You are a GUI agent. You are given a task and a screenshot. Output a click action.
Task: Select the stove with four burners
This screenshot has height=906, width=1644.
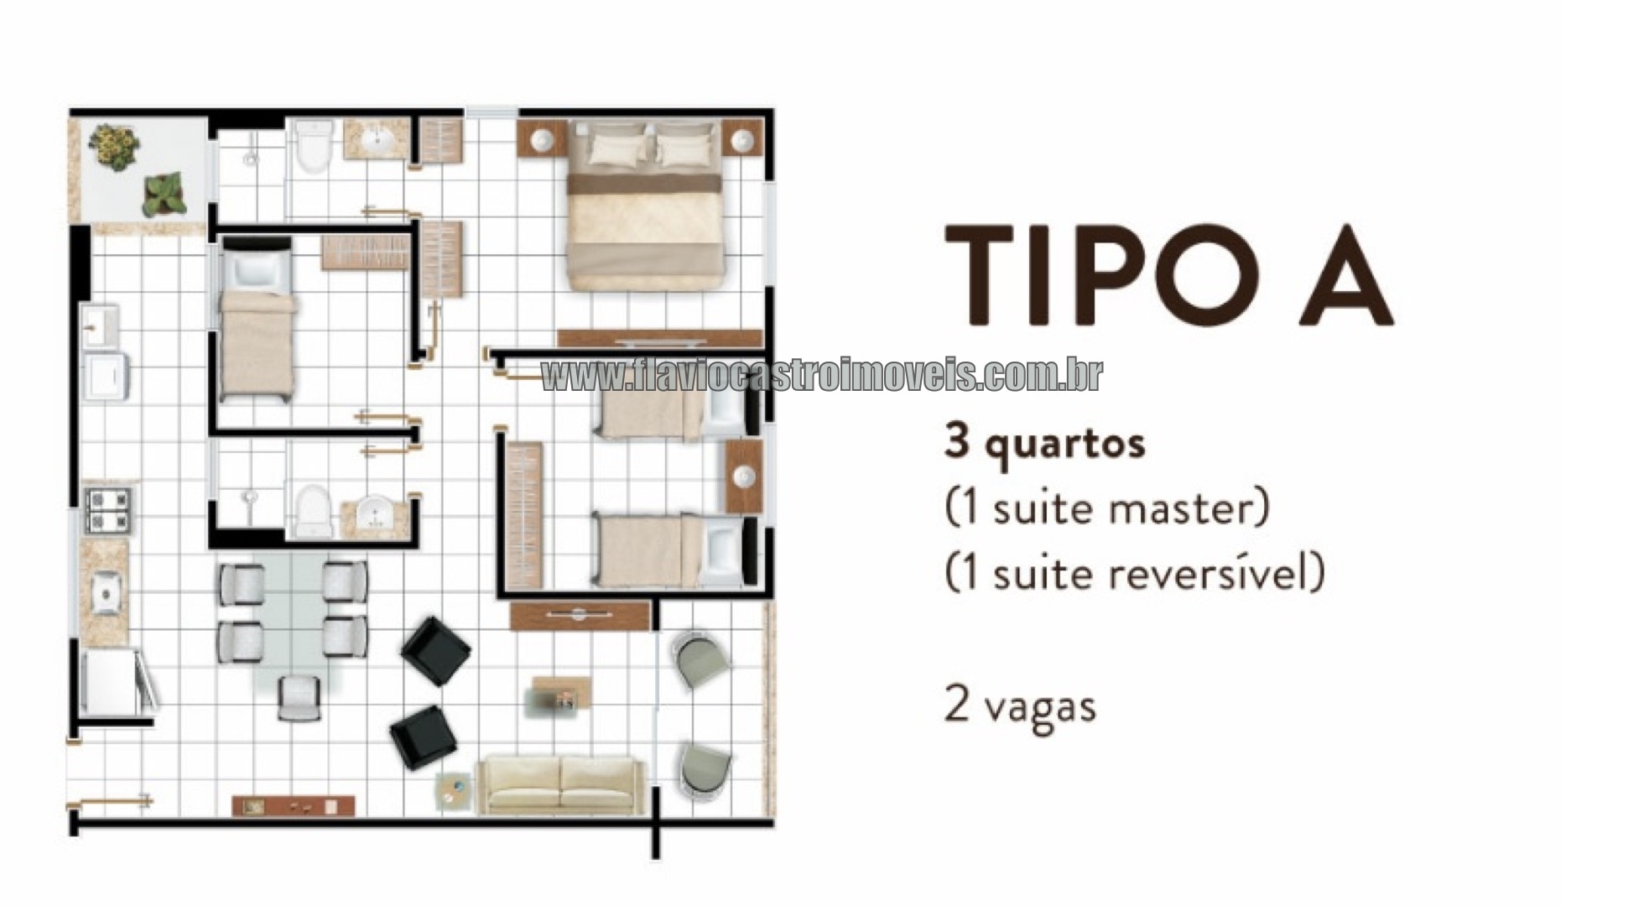108,510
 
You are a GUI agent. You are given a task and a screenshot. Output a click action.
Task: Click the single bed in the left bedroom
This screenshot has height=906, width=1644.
258,321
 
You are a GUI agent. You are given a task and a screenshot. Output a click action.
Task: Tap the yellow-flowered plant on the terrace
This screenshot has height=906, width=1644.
115,145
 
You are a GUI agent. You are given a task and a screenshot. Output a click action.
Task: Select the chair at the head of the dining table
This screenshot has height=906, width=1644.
299,697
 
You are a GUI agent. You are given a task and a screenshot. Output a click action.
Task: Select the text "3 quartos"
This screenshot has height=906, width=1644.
1044,444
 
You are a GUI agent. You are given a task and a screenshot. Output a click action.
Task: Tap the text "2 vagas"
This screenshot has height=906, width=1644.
1020,706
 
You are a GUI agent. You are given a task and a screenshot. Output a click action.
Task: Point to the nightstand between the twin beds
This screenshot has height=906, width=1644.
744,476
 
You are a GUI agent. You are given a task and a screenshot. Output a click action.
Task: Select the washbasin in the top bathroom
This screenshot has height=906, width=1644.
384,139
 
